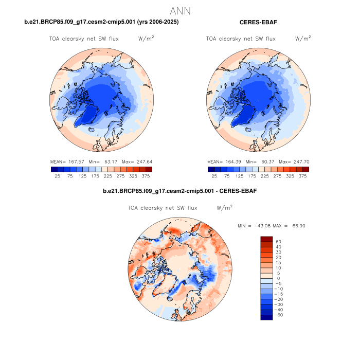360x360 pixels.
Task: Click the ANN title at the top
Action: pos(181,11)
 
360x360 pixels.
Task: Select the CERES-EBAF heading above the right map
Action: pos(259,22)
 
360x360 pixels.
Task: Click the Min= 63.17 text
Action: pos(100,161)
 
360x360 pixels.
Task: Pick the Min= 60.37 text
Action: pos(257,161)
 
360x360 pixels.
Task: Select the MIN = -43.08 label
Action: pos(254,226)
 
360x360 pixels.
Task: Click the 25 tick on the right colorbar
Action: pos(211,175)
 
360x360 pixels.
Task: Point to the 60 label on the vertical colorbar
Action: pos(278,241)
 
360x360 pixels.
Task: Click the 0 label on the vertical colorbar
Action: pos(277,278)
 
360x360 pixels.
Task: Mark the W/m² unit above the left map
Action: pos(146,39)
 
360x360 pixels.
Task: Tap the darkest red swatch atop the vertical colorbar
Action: pos(266,239)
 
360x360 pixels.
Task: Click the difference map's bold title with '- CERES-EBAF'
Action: pos(180,191)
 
